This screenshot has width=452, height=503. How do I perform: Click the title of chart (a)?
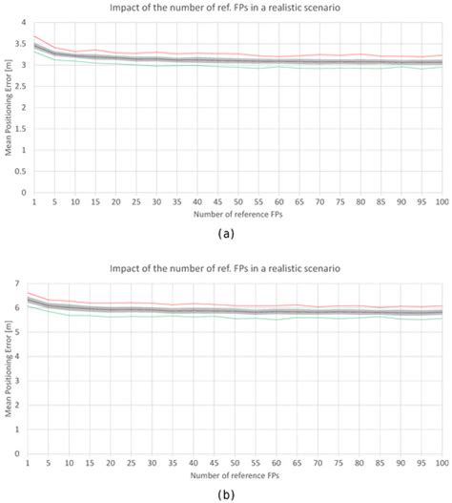point(225,8)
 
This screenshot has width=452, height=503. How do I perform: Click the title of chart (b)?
point(225,261)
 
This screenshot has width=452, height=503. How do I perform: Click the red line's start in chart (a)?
point(34,36)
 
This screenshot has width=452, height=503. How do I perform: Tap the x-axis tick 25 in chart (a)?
point(135,201)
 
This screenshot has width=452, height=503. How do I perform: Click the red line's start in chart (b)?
point(34,293)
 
